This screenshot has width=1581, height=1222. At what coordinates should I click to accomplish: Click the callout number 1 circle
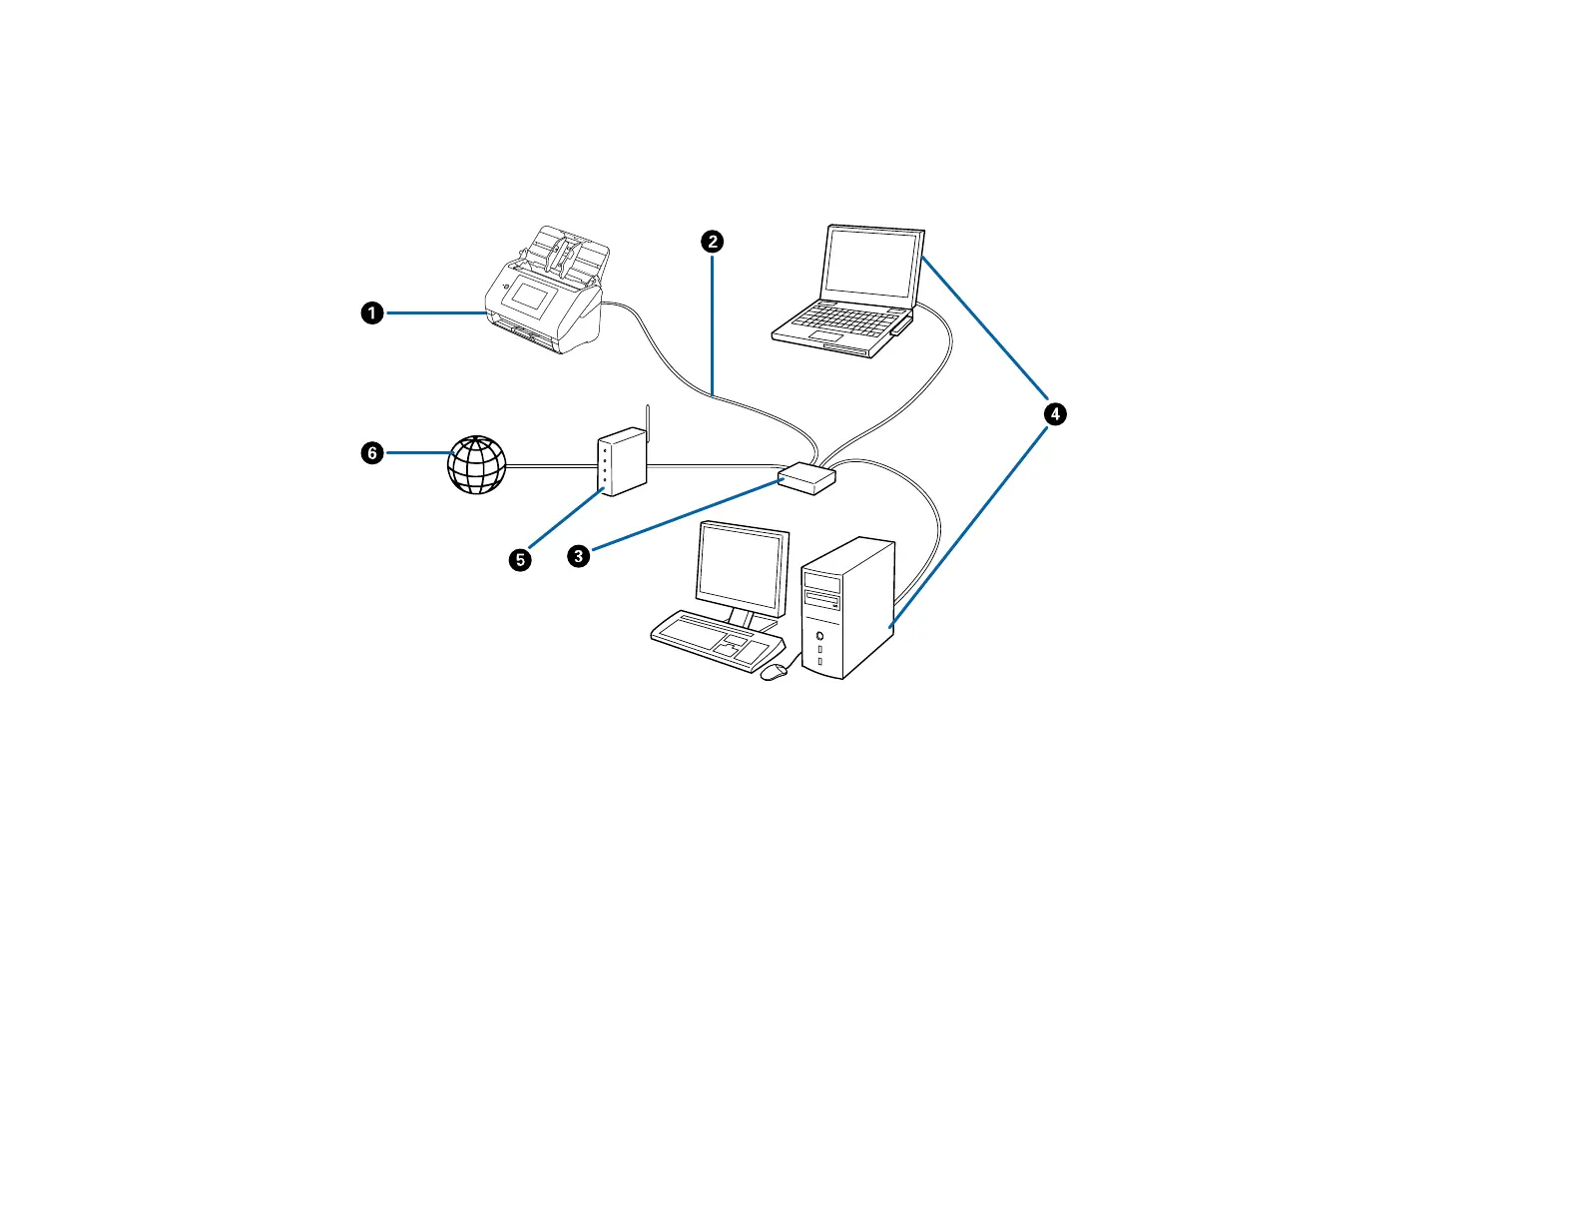[x=371, y=313]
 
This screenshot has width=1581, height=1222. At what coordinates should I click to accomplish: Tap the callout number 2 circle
[x=712, y=241]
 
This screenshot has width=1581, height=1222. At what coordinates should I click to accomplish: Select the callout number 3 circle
[x=578, y=556]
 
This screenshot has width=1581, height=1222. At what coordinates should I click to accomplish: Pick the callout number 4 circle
[x=1054, y=413]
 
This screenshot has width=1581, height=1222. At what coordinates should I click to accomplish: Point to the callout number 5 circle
[x=520, y=559]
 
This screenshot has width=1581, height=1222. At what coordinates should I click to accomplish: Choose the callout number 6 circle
[x=371, y=453]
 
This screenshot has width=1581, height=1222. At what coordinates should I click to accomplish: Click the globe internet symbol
[x=477, y=465]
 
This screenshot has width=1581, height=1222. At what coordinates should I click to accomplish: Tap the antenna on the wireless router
[x=648, y=424]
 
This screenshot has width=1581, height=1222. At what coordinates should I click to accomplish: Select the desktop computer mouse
[x=774, y=672]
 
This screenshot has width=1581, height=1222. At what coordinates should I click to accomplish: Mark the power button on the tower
[x=820, y=635]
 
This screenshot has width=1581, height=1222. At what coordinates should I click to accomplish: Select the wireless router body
[x=621, y=462]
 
